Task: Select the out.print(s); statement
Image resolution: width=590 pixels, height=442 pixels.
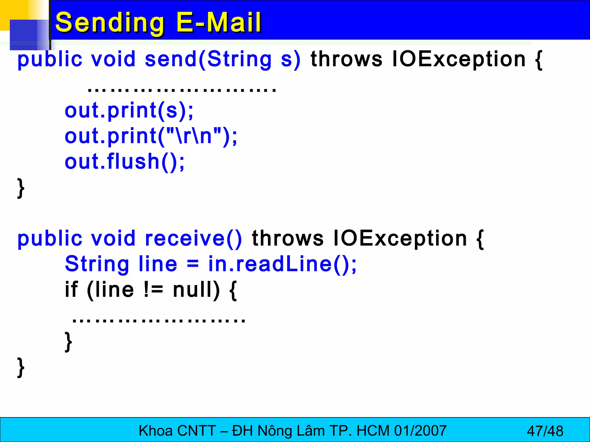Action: click(129, 110)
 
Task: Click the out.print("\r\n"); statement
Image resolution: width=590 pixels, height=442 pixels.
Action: click(151, 136)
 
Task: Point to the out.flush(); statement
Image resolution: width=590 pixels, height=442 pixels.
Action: click(124, 161)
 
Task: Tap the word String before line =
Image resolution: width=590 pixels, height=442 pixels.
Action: click(97, 264)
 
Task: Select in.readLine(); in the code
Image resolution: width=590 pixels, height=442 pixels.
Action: click(282, 264)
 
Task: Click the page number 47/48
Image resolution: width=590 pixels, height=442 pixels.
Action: click(545, 431)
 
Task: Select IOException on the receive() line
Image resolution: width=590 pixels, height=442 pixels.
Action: click(400, 239)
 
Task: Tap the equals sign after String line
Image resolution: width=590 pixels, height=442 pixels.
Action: click(193, 264)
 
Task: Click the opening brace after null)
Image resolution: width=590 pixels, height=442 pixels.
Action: click(233, 290)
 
